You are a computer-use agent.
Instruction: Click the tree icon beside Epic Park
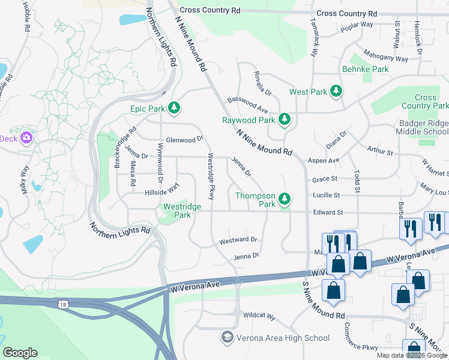[x=174, y=108]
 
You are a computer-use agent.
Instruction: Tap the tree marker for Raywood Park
[x=285, y=120]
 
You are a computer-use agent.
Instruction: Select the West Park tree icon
[x=337, y=92]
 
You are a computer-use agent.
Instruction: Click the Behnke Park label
[x=365, y=69]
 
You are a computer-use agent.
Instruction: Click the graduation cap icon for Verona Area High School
[x=227, y=338]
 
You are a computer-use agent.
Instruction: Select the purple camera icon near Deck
[x=26, y=139]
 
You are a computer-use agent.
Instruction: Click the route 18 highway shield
[x=63, y=305]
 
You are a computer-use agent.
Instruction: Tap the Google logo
[x=20, y=353]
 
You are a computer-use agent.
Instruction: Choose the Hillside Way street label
[x=161, y=191]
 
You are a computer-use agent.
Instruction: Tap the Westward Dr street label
[x=238, y=240]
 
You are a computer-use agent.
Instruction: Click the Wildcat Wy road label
[x=259, y=316]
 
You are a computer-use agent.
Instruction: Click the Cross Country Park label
[x=425, y=101]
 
